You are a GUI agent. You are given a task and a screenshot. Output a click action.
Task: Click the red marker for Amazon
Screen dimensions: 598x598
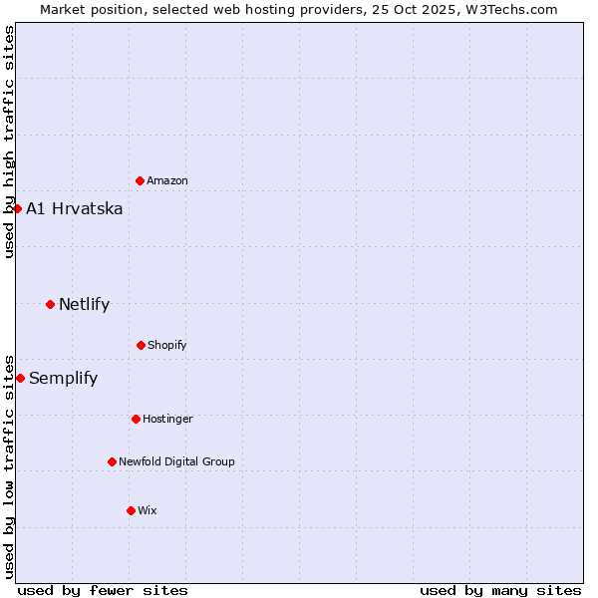pyautogui.click(x=140, y=180)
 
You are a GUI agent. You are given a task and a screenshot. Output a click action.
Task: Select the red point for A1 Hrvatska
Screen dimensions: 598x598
pyautogui.click(x=17, y=208)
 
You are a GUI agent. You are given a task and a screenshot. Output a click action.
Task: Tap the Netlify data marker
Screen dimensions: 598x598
pyautogui.click(x=50, y=304)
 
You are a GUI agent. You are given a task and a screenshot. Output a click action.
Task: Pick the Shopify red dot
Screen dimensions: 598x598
pyautogui.click(x=141, y=345)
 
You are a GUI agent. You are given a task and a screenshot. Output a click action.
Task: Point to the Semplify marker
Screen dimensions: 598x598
pyautogui.click(x=20, y=378)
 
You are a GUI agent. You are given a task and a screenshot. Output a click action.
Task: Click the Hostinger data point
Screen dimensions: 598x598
pyautogui.click(x=136, y=419)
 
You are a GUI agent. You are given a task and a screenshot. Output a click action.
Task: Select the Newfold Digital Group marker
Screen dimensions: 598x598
pyautogui.click(x=112, y=461)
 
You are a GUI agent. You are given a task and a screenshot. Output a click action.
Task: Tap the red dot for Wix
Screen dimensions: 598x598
pyautogui.click(x=131, y=510)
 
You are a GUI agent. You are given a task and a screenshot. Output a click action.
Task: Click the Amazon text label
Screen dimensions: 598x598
pyautogui.click(x=167, y=180)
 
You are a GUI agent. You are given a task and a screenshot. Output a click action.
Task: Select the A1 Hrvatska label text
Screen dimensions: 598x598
pyautogui.click(x=75, y=208)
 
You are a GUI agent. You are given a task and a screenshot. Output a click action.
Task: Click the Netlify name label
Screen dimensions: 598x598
pyautogui.click(x=85, y=304)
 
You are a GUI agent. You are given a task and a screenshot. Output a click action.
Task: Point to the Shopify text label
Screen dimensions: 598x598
pyautogui.click(x=167, y=345)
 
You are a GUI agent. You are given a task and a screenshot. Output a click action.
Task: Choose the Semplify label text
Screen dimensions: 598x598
pyautogui.click(x=64, y=378)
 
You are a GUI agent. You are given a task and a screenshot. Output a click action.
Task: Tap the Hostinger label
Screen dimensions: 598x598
pyautogui.click(x=167, y=419)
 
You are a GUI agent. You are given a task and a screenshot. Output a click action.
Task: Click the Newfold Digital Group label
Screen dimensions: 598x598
pyautogui.click(x=176, y=461)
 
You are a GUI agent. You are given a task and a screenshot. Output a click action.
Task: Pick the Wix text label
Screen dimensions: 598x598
pyautogui.click(x=148, y=510)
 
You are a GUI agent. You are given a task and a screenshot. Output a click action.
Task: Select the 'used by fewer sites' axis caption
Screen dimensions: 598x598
pyautogui.click(x=103, y=590)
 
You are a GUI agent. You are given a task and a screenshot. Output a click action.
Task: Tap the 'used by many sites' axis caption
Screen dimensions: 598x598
pyautogui.click(x=500, y=590)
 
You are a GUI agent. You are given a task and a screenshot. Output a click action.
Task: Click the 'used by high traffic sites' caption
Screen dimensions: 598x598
pyautogui.click(x=9, y=142)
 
